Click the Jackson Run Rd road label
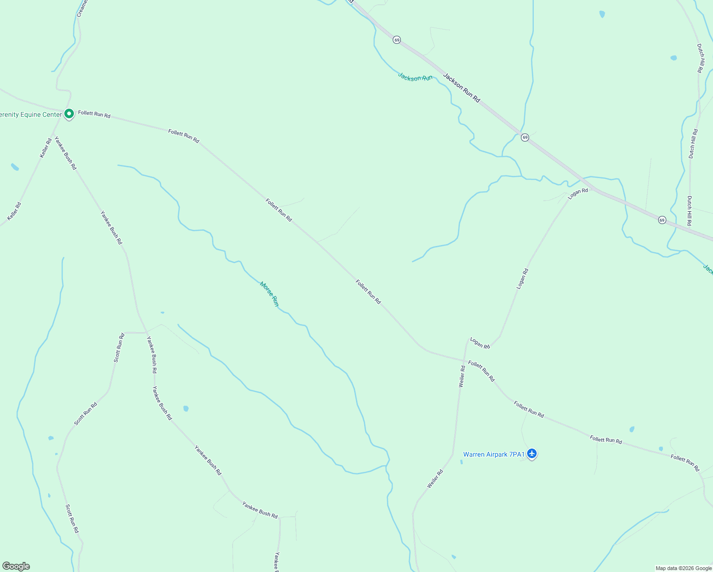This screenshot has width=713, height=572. [x=461, y=88]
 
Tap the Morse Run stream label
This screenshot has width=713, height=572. [x=269, y=294]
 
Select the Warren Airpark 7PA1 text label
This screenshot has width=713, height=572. [x=493, y=454]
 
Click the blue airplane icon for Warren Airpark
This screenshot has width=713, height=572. [x=532, y=454]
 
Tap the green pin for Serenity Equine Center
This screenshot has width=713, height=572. [x=69, y=114]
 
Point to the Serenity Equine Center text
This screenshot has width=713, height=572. [x=31, y=114]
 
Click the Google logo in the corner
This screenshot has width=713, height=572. [x=16, y=566]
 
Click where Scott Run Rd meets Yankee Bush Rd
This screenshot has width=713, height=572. [x=146, y=332]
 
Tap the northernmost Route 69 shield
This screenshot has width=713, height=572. [x=397, y=40]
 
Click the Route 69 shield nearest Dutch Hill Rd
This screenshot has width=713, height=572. [x=662, y=220]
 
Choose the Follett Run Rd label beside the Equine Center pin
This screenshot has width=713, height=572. [x=94, y=114]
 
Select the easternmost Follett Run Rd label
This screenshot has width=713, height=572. [x=685, y=463]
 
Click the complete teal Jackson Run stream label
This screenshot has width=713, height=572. [x=415, y=77]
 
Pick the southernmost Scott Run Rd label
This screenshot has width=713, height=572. [x=72, y=519]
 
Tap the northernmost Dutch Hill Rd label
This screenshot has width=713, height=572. [x=700, y=58]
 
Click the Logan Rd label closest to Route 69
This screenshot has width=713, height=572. [x=578, y=193]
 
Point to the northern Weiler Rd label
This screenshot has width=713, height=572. [x=461, y=376]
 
